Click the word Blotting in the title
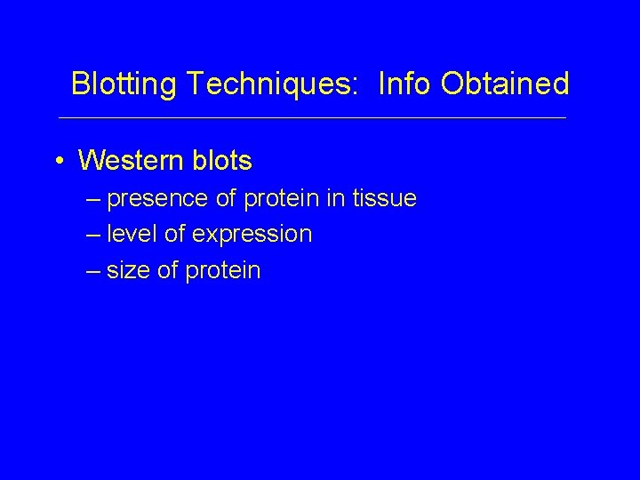tap(125, 84)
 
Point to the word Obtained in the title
tap(504, 84)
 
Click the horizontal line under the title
tap(311, 118)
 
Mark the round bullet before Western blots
tap(58, 162)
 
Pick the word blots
tap(223, 161)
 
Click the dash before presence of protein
tap(94, 199)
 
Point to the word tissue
tap(383, 199)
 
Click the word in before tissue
tap(334, 199)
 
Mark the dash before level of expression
tap(94, 235)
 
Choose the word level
tap(129, 235)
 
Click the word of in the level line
tap(172, 235)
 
